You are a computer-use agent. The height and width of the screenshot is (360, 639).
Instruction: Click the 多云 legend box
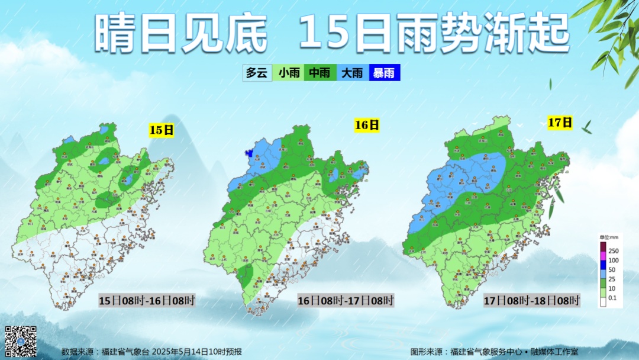[x=257, y=73]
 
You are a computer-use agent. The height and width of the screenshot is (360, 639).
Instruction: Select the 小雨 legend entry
[x=289, y=73]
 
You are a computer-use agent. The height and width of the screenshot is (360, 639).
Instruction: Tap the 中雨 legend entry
[x=320, y=73]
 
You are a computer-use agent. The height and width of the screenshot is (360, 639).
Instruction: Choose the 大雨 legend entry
[x=352, y=73]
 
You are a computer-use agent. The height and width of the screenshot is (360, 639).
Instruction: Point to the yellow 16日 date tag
[x=367, y=125]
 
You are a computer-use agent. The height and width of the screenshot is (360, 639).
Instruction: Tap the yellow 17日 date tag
[x=560, y=123]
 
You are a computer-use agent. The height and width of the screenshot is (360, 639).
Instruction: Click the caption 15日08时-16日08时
[x=146, y=300]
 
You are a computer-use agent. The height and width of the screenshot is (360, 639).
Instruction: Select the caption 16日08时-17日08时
[x=346, y=301]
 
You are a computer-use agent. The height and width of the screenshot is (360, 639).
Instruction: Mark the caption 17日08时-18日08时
[x=531, y=300]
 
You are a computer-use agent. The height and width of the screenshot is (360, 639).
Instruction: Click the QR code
[x=21, y=341]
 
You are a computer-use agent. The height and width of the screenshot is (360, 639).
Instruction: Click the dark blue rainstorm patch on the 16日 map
[x=250, y=153]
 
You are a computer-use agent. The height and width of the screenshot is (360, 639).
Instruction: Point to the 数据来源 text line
[x=151, y=352]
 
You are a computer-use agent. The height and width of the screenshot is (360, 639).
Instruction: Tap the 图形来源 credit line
[x=493, y=352]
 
